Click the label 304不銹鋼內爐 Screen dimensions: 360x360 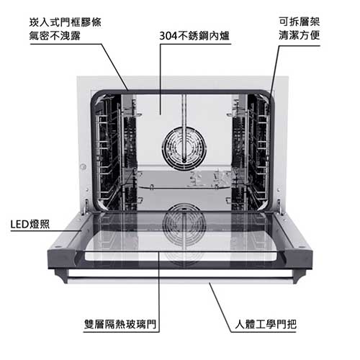194,36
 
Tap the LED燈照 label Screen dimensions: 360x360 30,225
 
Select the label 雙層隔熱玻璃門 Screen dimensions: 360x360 120,324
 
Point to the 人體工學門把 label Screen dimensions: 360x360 266,324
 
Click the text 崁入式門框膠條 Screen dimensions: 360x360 66,22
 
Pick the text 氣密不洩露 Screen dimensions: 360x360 55,36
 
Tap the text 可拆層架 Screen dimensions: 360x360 300,22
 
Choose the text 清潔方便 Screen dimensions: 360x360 300,35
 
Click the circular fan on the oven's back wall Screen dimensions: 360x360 184,149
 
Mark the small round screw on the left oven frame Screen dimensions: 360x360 83,166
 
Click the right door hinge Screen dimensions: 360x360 280,206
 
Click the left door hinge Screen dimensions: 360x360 86,206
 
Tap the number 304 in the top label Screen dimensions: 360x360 168,36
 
